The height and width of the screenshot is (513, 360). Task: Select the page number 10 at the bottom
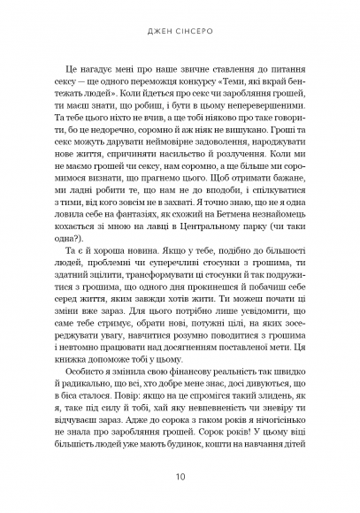coord(180,476)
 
